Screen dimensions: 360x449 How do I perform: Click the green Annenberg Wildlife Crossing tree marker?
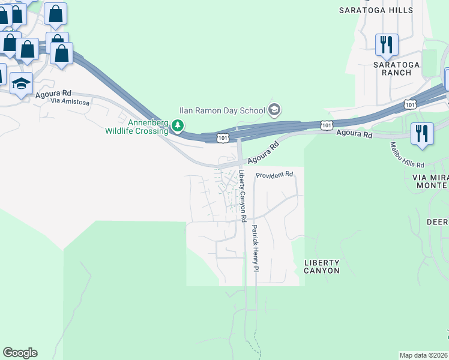[x=177, y=126]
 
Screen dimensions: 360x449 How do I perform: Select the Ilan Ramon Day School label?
[x=222, y=110]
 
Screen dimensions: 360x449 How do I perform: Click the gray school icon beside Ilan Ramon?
[x=275, y=109]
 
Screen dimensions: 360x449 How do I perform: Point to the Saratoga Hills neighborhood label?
[x=376, y=10]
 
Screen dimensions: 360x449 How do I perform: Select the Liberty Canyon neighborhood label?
[x=322, y=267]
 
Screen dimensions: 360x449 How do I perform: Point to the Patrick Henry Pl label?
[x=255, y=247]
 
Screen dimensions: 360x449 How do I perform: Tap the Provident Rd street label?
[x=274, y=175]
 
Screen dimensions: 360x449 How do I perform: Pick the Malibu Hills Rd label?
[x=407, y=155]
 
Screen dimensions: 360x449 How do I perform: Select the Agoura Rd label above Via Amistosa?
[x=53, y=94]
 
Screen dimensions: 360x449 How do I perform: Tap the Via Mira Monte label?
[x=430, y=182]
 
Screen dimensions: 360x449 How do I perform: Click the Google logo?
[x=20, y=353]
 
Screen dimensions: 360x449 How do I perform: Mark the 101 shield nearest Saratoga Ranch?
[x=410, y=104]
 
